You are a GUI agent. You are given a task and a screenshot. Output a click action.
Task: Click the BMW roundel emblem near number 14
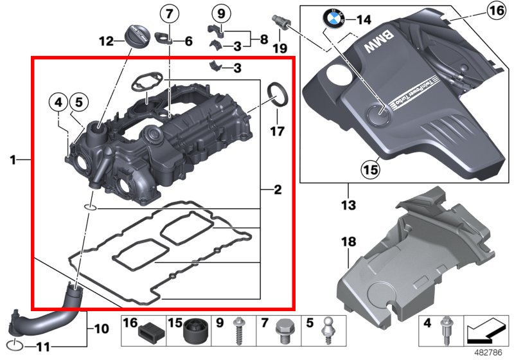pos(336,20)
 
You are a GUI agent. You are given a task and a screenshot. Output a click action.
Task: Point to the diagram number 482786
pos(488,353)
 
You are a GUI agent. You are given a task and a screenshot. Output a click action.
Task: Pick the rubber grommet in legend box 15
pos(195,332)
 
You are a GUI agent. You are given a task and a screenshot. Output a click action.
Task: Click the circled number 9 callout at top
pos(220,13)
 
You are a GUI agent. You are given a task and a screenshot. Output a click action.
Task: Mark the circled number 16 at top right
pos(495,10)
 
